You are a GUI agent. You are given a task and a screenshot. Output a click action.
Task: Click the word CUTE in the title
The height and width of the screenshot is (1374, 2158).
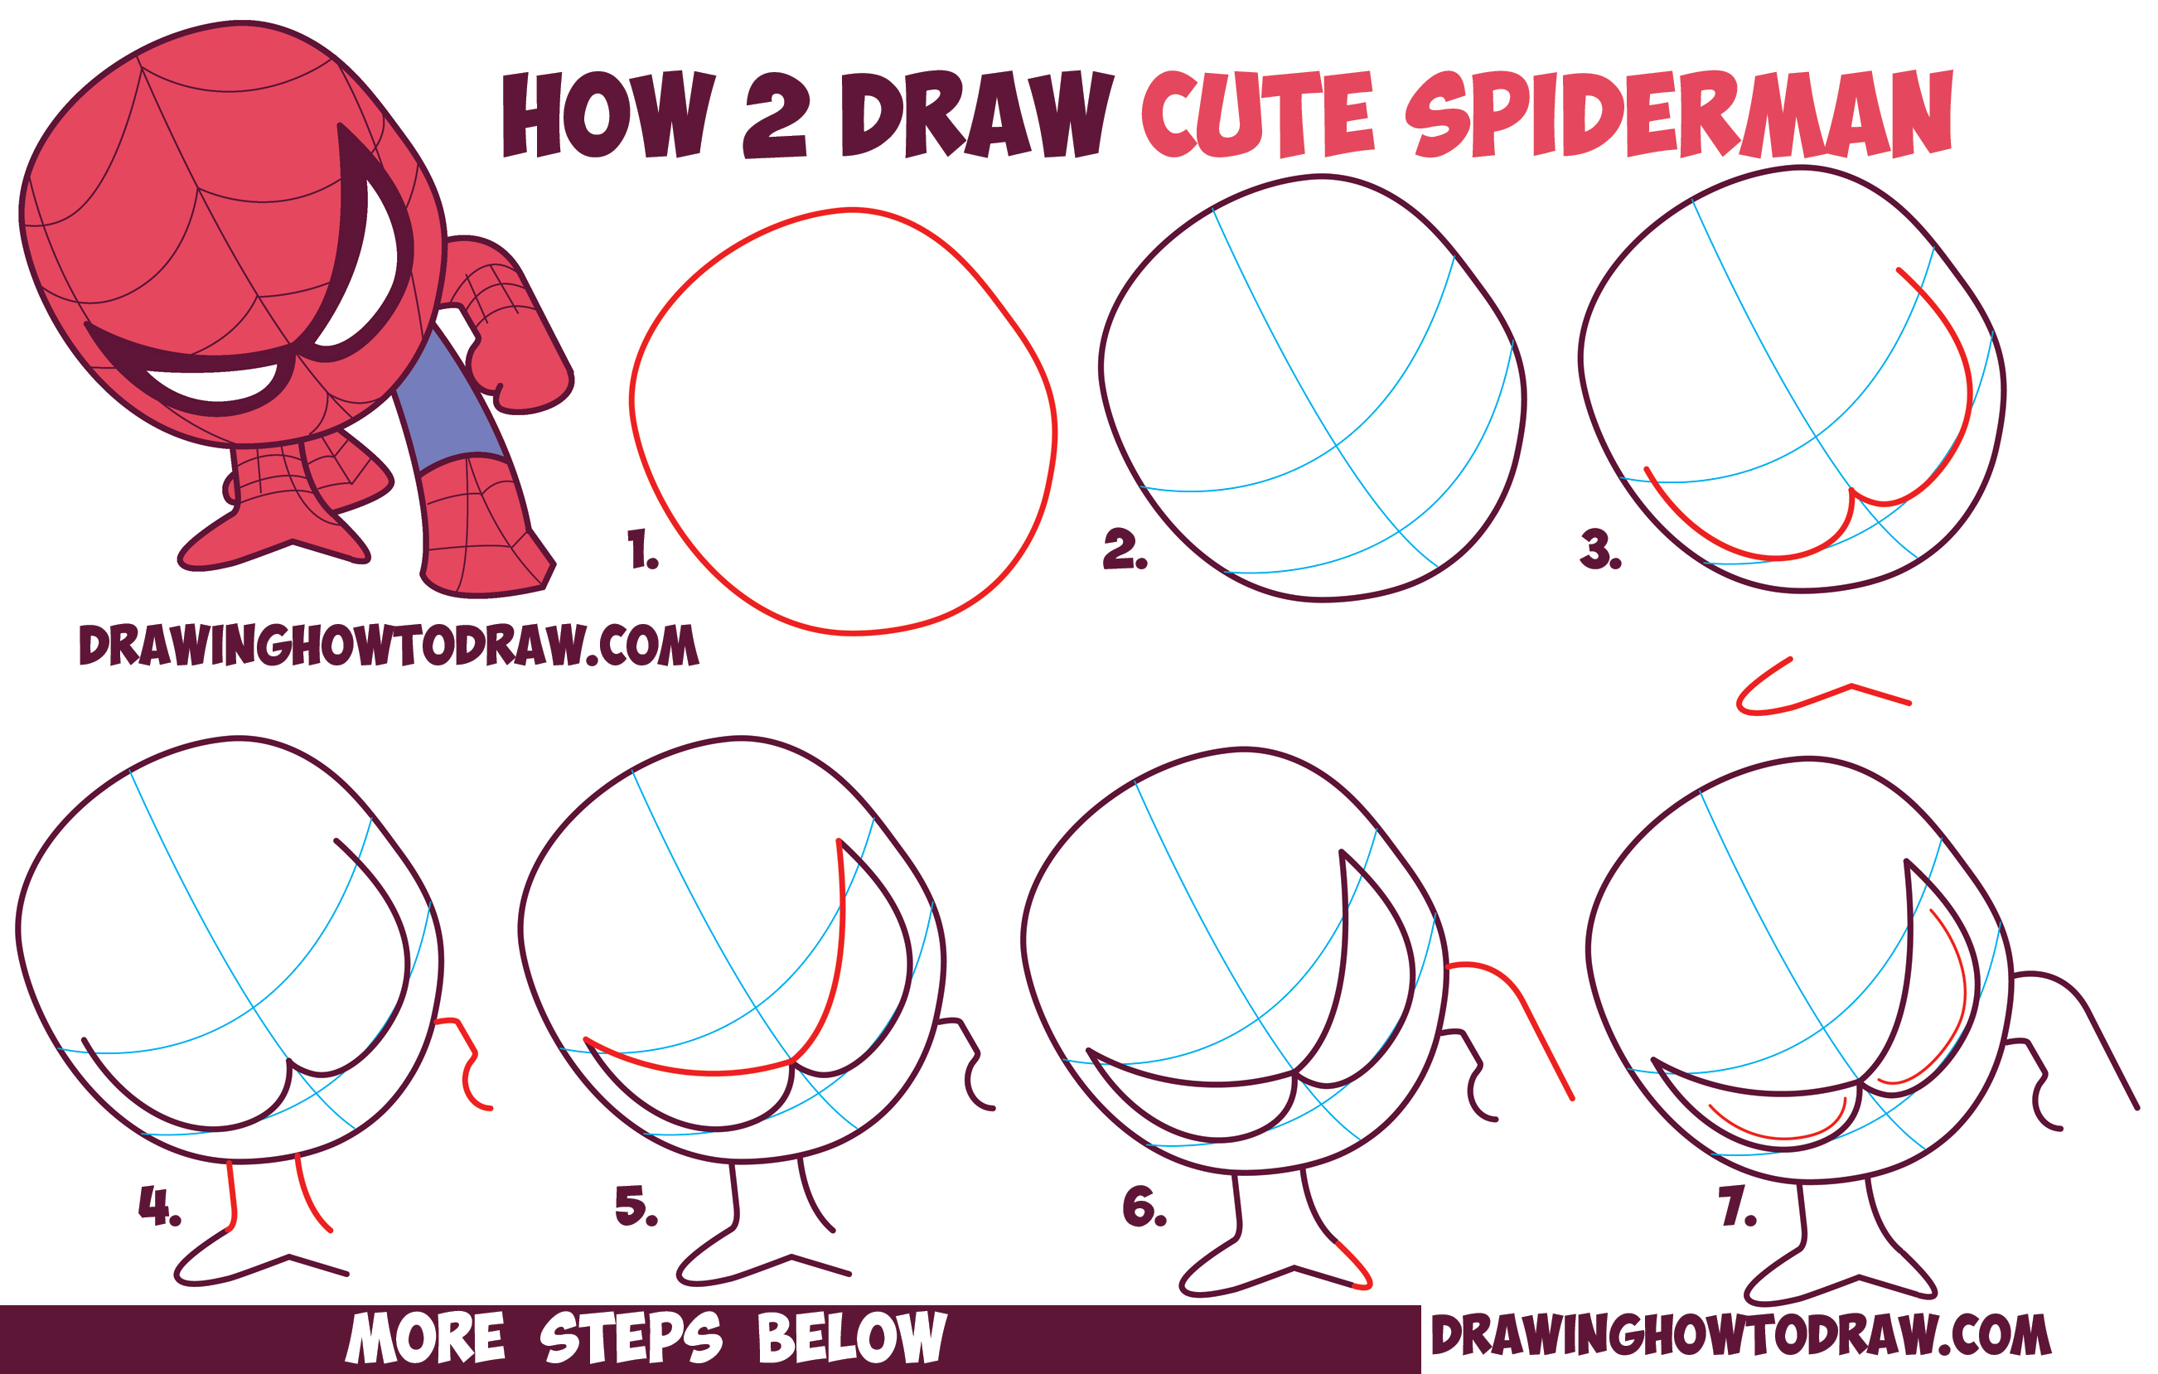pyautogui.click(x=1256, y=117)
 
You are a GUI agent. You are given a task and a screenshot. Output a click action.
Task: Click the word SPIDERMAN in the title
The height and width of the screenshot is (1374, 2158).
pyautogui.click(x=1677, y=114)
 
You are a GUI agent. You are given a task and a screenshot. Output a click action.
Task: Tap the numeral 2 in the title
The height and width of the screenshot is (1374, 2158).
pyautogui.click(x=775, y=117)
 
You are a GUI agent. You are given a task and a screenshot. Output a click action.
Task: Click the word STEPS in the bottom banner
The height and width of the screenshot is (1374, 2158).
pyautogui.click(x=630, y=1338)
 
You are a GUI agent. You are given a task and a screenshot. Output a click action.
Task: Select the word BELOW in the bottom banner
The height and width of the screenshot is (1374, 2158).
pyautogui.click(x=851, y=1338)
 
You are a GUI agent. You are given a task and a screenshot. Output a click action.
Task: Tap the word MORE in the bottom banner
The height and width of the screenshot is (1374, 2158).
pyautogui.click(x=427, y=1338)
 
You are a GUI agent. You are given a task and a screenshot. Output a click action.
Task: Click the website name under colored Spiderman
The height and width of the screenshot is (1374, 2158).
pyautogui.click(x=388, y=646)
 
